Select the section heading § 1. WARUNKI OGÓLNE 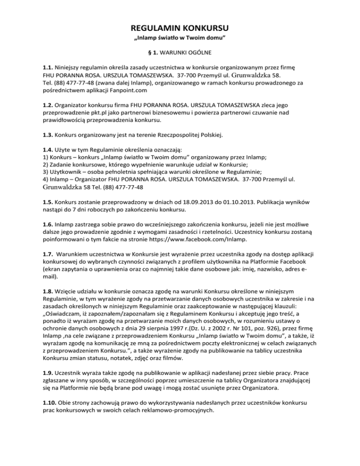[180, 52]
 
